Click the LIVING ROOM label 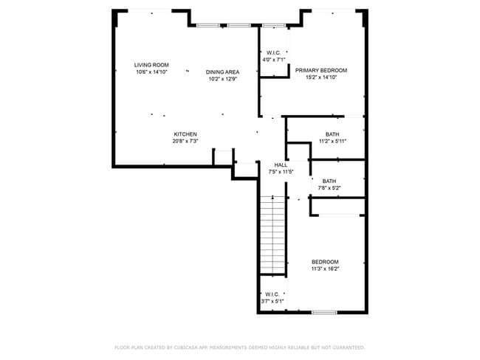151,65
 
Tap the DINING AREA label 222,72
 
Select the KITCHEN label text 185,134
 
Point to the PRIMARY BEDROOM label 320,70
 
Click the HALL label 281,165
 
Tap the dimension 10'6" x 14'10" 151,72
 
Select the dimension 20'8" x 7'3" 185,141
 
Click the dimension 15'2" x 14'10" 320,77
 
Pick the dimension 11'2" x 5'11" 332,141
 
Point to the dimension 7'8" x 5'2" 329,188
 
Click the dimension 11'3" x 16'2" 325,269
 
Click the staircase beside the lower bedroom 272,235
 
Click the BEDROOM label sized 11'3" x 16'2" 325,262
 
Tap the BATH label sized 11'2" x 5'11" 332,134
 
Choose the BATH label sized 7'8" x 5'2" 329,181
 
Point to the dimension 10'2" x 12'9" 222,79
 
